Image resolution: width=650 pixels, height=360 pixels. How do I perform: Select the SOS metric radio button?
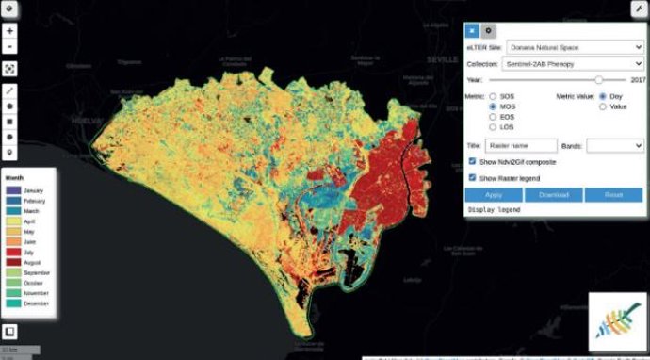493,96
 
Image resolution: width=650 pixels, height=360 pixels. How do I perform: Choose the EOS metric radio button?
493,118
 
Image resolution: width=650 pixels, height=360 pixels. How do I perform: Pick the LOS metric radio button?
493,128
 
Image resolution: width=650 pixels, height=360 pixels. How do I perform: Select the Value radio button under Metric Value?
603,106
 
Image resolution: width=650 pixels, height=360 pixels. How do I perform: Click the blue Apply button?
494,194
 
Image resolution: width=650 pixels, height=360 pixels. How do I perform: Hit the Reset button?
613,194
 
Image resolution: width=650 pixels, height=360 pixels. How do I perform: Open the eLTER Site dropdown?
574,46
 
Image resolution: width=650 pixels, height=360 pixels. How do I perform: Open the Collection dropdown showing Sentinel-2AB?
574,64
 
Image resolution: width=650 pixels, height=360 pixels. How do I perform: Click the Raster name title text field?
522,146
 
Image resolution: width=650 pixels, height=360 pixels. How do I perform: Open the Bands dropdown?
615,146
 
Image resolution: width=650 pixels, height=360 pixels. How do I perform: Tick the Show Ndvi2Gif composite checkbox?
473,162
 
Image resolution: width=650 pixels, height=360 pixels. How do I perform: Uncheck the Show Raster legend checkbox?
473,177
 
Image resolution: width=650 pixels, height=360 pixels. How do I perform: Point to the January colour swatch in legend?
15,191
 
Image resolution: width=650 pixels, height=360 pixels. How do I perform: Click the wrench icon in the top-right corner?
640,8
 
